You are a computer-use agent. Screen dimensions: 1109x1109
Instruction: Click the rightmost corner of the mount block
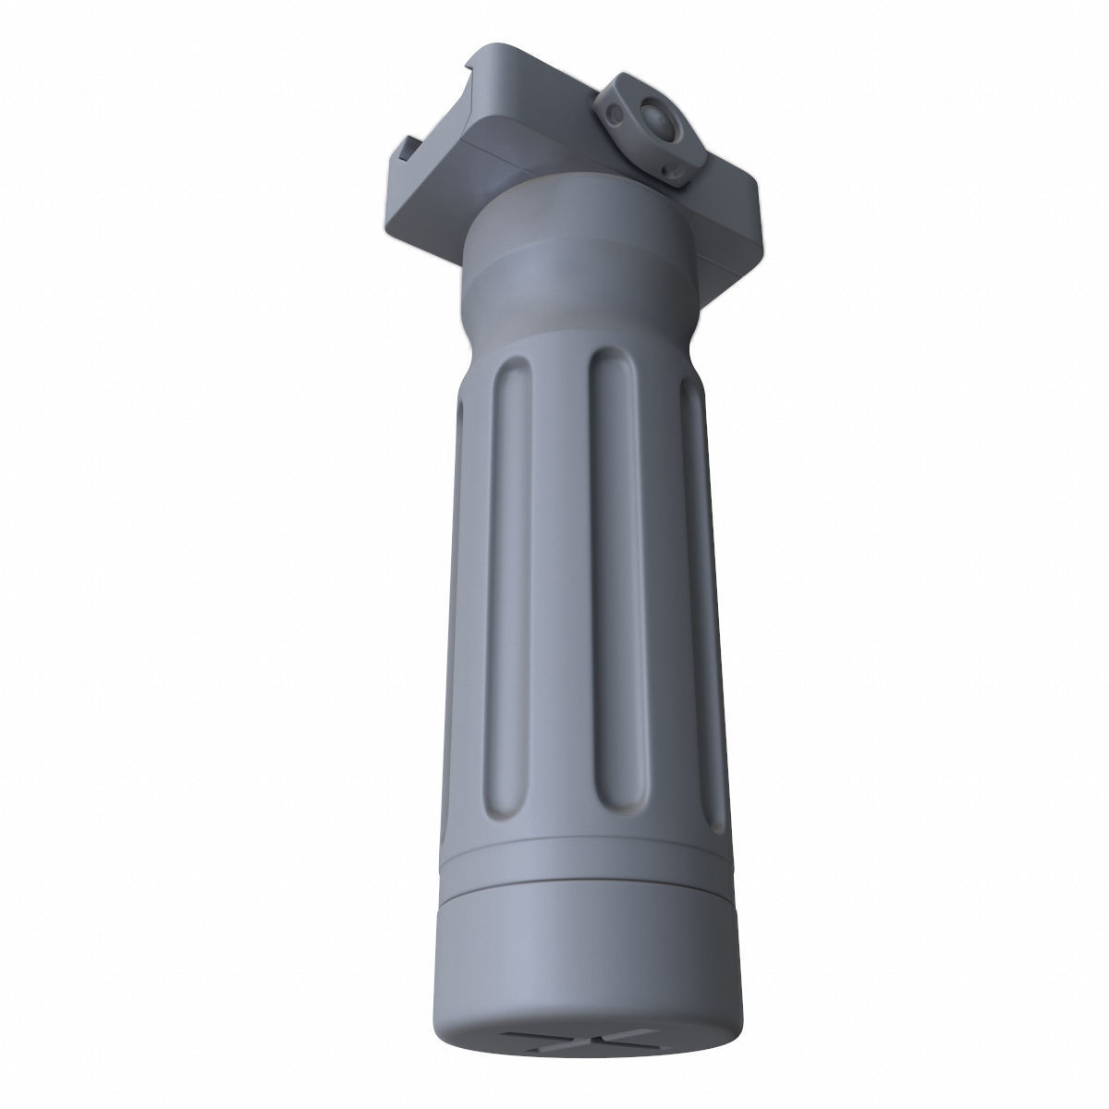click(757, 185)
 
